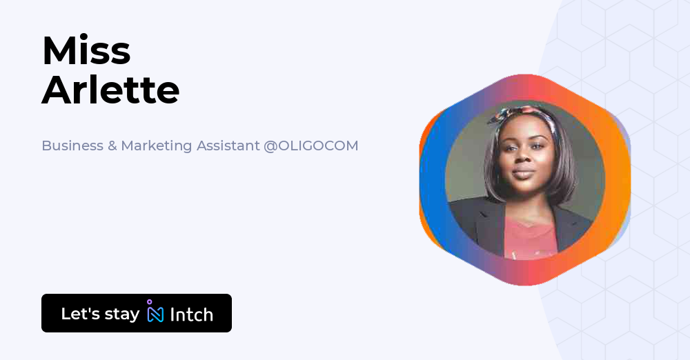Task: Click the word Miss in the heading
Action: click(86, 50)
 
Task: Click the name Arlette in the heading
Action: click(110, 90)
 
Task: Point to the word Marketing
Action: click(157, 146)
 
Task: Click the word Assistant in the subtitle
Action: click(228, 146)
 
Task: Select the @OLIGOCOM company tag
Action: click(311, 146)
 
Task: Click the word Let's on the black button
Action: click(81, 314)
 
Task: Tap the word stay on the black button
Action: click(121, 314)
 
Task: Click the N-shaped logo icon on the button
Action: click(156, 314)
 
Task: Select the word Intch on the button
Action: click(191, 314)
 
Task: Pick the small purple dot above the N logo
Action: click(150, 301)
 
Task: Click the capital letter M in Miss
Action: click(57, 50)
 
